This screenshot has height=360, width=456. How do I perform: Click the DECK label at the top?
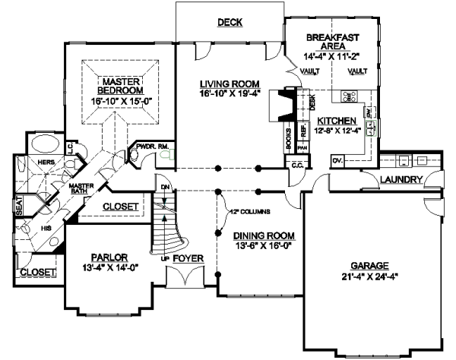click(x=229, y=23)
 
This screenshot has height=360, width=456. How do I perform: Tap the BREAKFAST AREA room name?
click(x=332, y=41)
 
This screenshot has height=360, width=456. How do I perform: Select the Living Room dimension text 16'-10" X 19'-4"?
click(x=230, y=93)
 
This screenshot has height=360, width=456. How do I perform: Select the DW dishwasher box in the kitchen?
click(x=369, y=113)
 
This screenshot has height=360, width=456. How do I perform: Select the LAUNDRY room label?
click(x=403, y=179)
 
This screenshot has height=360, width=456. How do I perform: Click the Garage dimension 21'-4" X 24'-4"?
click(x=369, y=276)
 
